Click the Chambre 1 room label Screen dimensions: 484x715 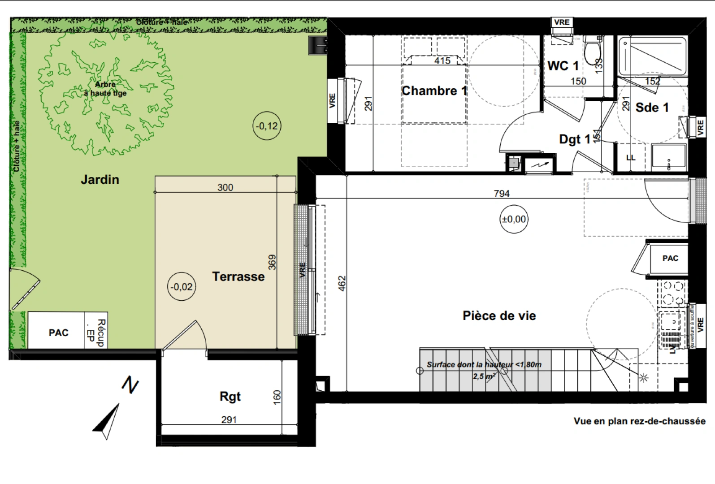click(434, 91)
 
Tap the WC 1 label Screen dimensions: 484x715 click(563, 66)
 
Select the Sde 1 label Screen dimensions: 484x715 click(652, 108)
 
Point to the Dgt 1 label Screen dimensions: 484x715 click(574, 139)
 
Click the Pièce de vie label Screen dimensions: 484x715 click(499, 316)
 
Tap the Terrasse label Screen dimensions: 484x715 click(238, 277)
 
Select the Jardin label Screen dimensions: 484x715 click(100, 180)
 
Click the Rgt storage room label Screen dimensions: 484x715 click(230, 397)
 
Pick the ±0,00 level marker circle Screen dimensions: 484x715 click(514, 219)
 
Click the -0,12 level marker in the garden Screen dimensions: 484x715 click(267, 126)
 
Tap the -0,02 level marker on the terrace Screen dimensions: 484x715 click(182, 287)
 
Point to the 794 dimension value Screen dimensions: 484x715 click(502, 194)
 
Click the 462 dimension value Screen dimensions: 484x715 click(342, 283)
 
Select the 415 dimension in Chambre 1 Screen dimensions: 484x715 click(442, 60)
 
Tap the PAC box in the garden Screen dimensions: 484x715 click(58, 333)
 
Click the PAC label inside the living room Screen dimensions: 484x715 click(670, 259)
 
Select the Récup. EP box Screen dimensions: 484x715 click(96, 331)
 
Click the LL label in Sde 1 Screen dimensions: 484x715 click(631, 158)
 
